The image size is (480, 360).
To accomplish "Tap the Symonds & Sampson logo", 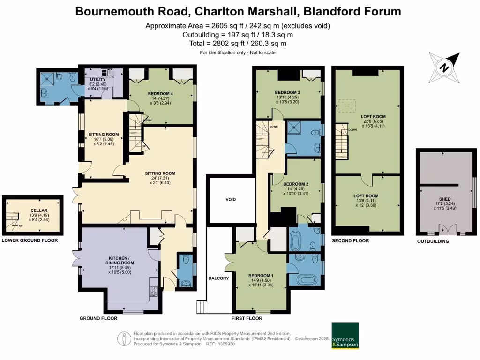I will coord(345,336).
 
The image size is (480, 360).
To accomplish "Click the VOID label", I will coord(230,200).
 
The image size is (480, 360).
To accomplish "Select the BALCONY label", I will coord(218,278).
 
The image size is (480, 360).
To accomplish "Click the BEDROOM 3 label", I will coord(287,92).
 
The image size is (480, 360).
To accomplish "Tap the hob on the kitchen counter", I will coord(152,290).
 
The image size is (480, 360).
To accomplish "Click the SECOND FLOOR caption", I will coord(350,241).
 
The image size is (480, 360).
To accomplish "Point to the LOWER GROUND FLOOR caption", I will coord(30,241).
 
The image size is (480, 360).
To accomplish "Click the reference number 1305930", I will coord(225,344).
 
